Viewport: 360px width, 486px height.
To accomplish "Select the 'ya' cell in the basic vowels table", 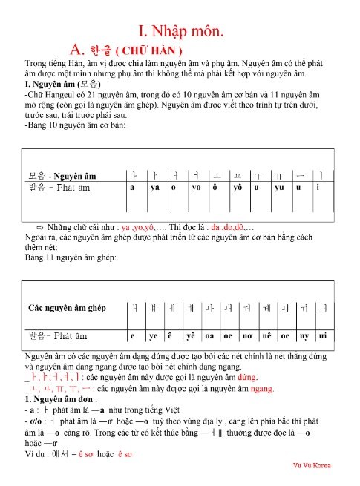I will tap(156, 188).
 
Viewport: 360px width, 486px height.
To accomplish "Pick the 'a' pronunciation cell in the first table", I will tap(132, 188).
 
